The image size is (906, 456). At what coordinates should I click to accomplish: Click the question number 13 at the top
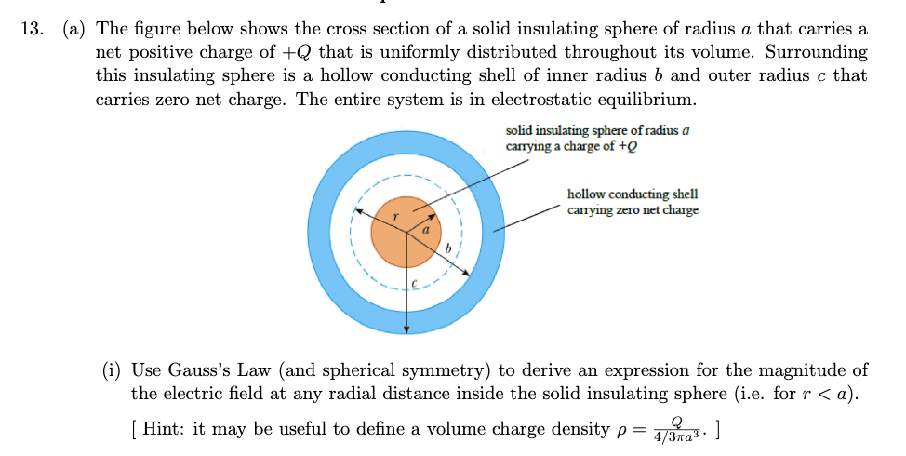point(31,29)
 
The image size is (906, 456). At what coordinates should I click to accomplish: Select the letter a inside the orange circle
point(426,227)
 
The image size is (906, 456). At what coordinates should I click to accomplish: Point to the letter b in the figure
point(448,248)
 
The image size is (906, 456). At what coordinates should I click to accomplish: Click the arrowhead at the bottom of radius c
point(406,328)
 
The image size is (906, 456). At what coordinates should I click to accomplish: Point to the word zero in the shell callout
point(633,210)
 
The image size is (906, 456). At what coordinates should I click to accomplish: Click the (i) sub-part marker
point(112,370)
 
